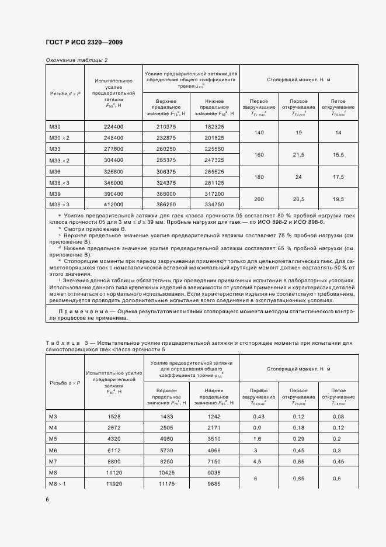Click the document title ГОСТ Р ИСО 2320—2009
tap(84, 43)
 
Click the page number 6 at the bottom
tap(47, 499)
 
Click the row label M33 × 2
tap(59, 160)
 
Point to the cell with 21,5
tap(298, 154)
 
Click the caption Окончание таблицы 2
tap(76, 60)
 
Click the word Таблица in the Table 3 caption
tap(62, 342)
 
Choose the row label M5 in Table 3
tap(53, 438)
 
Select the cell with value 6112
tap(113, 450)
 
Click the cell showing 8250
tap(167, 461)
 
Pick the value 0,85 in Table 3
tap(298, 478)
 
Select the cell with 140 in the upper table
tap(259, 133)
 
